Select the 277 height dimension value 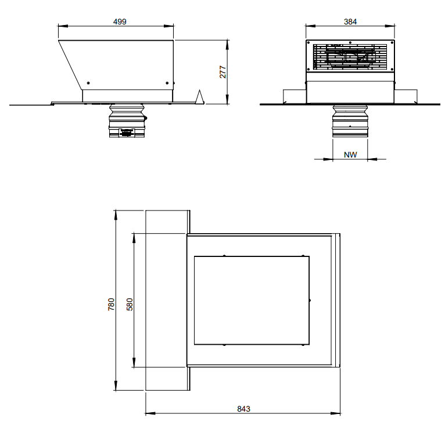point(222,72)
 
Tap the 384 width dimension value point(350,22)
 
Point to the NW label point(350,155)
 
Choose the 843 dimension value point(243,409)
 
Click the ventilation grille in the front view point(350,56)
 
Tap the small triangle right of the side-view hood point(199,98)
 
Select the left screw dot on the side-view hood point(88,82)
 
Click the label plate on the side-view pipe point(126,133)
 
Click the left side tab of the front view point(295,97)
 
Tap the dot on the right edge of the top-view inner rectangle point(310,300)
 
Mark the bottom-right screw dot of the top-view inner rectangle point(303,345)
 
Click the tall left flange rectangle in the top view point(166,301)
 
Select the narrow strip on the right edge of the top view point(335,301)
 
